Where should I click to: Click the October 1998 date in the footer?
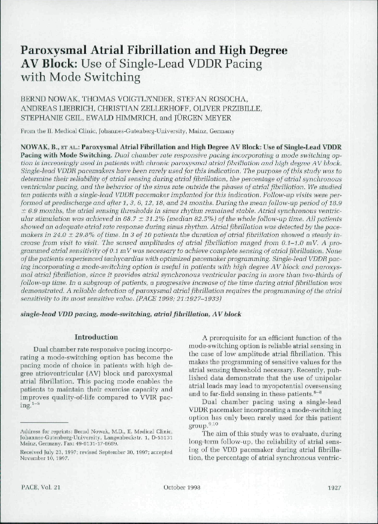(x=179, y=507)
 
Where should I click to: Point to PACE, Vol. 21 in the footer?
(x=42, y=507)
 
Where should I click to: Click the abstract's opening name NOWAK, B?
(x=41, y=144)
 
